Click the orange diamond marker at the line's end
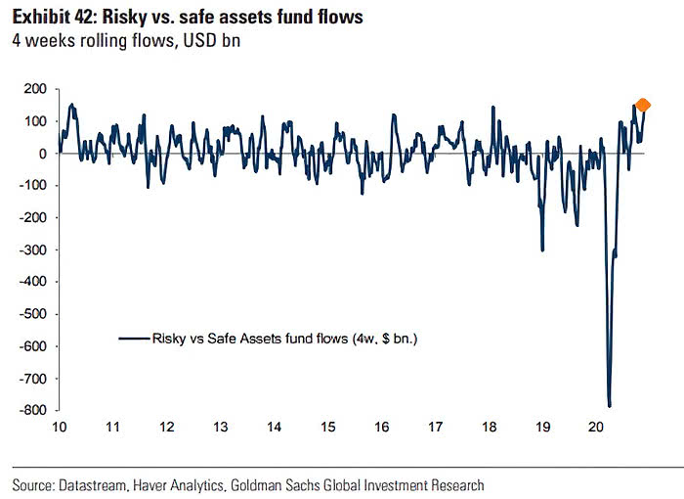[642, 106]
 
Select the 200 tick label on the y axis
[37, 89]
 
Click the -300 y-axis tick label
[35, 249]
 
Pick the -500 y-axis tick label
[35, 314]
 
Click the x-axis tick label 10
[59, 428]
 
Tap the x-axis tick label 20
[597, 428]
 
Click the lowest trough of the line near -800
[609, 405]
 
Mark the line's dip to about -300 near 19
[542, 249]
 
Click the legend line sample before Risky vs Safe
[132, 339]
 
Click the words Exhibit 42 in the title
[50, 18]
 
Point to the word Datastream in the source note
[95, 484]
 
